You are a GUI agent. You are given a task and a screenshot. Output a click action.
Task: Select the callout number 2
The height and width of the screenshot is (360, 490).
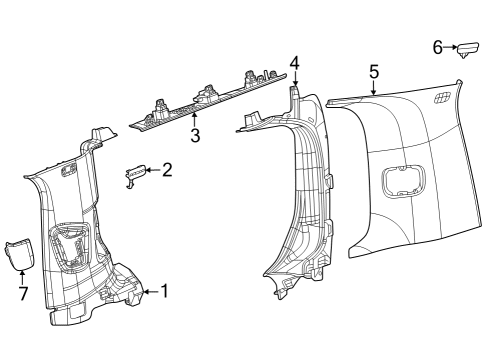point(167,170)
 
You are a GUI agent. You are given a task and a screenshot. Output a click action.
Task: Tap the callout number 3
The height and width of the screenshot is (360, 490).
point(195,136)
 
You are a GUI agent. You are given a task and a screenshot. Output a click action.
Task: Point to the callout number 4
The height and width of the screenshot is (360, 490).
point(294,63)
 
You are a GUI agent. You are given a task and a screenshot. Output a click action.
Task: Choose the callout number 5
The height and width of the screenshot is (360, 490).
point(373,71)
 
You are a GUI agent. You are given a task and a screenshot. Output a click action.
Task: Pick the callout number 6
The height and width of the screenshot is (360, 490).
point(437,46)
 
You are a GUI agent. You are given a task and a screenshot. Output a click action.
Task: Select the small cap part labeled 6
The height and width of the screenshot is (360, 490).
point(468,50)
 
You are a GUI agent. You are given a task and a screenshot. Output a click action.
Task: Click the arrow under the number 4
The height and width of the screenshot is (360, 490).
point(294,79)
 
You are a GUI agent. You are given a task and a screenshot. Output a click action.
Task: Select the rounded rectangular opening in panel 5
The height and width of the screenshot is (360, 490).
point(402,186)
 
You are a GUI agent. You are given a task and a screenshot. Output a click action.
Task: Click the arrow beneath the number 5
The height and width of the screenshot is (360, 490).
point(373,88)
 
